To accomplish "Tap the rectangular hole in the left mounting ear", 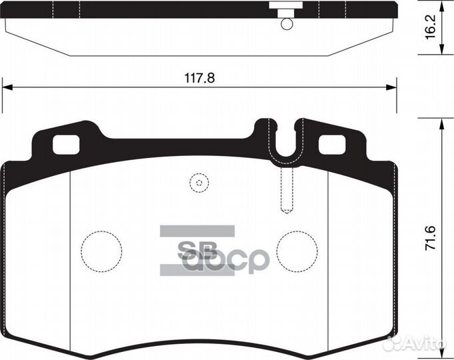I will [x=65, y=143].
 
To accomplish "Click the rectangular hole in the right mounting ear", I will [x=333, y=143].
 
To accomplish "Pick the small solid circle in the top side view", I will [x=287, y=25].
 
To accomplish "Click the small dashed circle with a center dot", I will [x=198, y=182].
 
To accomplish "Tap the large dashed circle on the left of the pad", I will [x=101, y=251].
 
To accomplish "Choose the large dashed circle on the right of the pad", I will [x=297, y=251].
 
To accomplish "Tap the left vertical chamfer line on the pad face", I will [x=70, y=253].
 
